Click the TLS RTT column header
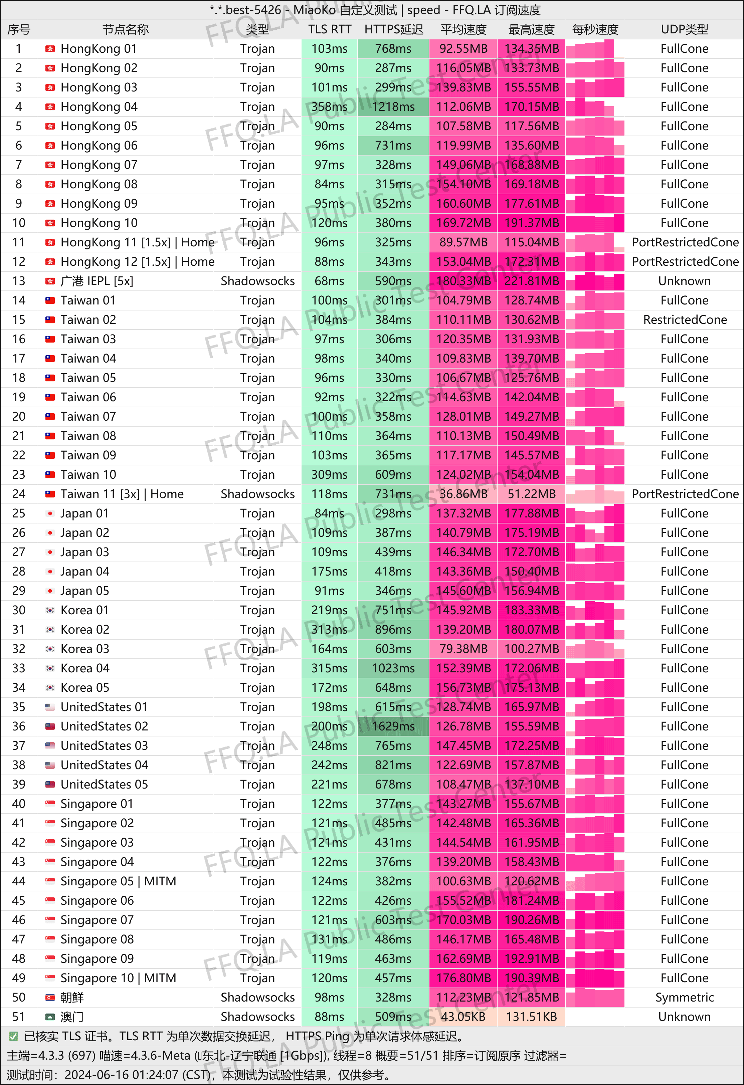point(329,29)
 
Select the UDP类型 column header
point(684,29)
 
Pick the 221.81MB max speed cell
point(531,281)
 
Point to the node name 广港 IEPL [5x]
point(97,281)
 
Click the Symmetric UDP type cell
point(684,997)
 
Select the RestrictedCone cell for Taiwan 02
point(684,320)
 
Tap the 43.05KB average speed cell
point(463,1017)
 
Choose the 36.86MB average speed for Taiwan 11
point(463,494)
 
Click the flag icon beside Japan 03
point(50,552)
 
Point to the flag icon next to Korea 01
point(50,610)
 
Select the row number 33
point(19,668)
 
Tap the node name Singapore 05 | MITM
point(118,881)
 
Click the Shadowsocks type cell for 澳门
point(257,1017)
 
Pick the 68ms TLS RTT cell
point(329,281)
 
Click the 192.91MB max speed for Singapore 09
point(531,958)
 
